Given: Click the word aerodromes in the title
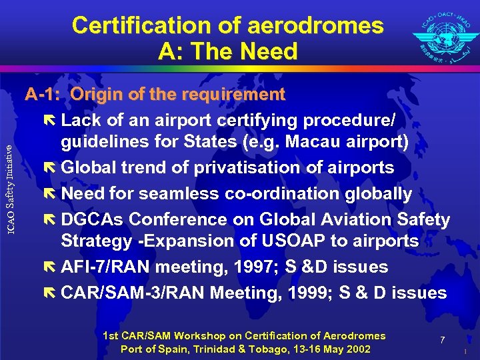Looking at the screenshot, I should point(315,26).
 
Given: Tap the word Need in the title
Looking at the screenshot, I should point(271,51).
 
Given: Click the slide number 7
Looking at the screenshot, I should point(442,341).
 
